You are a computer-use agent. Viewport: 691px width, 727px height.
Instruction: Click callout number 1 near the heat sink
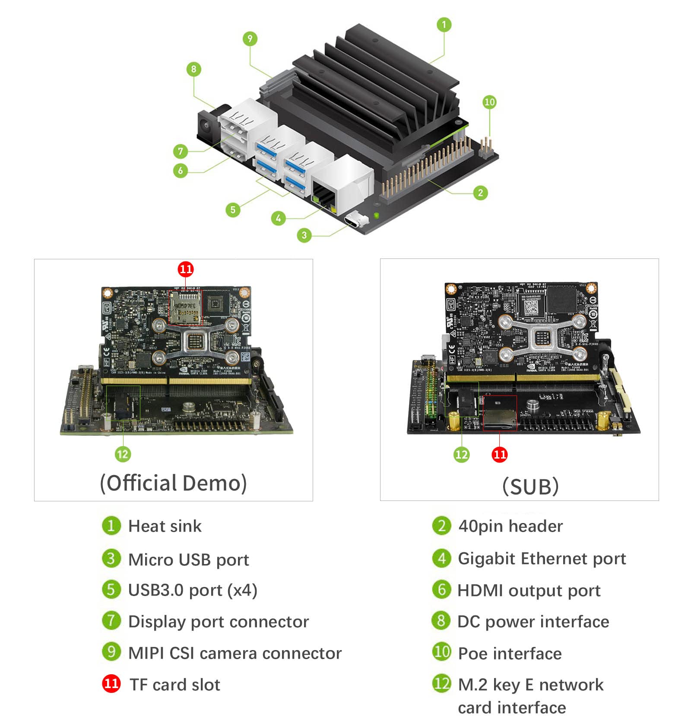(444, 25)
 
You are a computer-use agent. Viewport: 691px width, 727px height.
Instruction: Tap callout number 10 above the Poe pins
(489, 102)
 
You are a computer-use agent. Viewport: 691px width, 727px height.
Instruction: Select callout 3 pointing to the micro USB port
(304, 235)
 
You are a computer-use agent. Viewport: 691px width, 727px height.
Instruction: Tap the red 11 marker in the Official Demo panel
(186, 269)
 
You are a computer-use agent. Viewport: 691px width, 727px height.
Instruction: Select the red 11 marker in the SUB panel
(499, 454)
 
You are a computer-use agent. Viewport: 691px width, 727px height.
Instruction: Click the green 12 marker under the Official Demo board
(123, 454)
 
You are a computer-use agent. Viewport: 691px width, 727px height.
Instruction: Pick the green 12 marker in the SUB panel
(461, 454)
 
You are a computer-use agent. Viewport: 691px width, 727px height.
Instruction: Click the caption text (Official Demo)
(173, 483)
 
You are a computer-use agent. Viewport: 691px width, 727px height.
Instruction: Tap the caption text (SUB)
(530, 486)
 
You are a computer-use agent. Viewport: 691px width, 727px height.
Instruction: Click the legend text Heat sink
(165, 526)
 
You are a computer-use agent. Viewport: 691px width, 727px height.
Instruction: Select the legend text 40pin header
(510, 526)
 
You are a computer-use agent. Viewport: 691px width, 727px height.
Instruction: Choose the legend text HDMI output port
(529, 590)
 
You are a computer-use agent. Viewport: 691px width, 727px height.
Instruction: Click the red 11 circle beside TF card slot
(111, 683)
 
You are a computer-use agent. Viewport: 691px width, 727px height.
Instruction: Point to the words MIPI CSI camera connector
(235, 653)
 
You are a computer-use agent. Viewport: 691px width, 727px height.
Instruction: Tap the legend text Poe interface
(510, 654)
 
